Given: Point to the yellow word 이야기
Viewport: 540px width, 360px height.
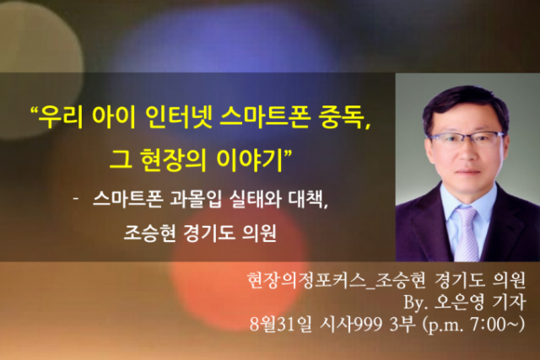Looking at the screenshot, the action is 250,159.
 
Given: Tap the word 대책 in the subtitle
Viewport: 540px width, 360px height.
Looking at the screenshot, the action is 305,199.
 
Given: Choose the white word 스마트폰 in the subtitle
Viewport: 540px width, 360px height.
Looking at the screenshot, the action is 127,199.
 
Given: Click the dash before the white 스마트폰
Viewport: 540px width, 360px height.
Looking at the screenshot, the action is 76,199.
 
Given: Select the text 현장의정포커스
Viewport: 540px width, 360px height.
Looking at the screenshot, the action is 306,280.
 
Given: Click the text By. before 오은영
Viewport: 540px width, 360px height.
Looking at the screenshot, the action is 415,303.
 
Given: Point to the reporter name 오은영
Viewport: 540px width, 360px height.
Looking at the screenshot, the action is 459,302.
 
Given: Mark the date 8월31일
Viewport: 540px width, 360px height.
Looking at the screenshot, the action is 281,324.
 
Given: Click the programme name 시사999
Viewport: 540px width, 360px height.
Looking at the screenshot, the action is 351,324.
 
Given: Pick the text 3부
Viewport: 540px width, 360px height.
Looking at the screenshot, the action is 402,324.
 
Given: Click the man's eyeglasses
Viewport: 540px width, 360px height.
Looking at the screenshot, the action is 466,139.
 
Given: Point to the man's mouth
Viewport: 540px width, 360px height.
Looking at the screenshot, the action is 467,171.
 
